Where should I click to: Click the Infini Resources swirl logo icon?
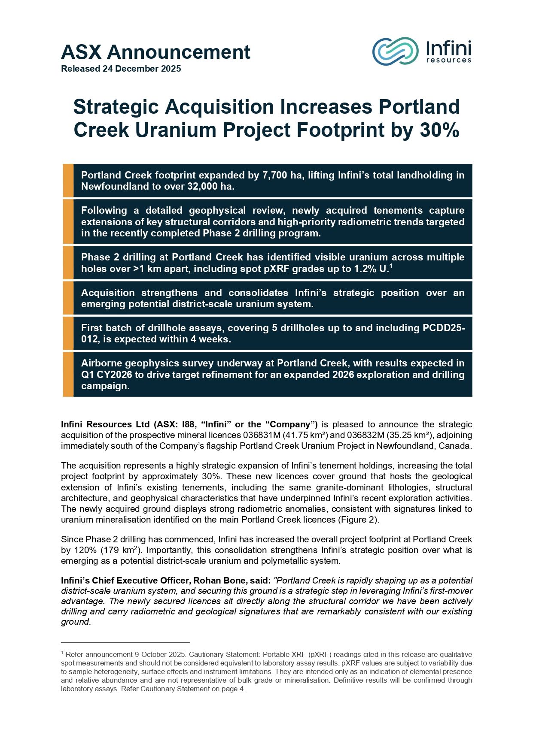click(395, 51)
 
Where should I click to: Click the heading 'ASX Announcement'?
click(155, 52)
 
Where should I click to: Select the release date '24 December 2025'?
click(142, 69)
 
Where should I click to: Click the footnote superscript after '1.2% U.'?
click(391, 266)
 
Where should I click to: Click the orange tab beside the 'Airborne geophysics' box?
click(68, 374)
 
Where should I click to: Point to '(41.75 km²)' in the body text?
click(305, 435)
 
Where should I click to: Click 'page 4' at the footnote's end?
click(234, 689)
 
